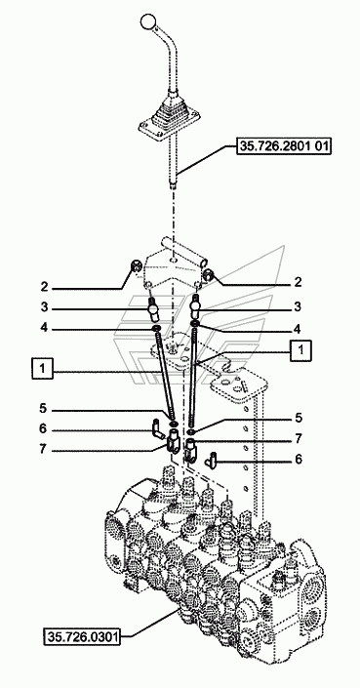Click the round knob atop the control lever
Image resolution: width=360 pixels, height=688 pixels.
pyautogui.click(x=147, y=20)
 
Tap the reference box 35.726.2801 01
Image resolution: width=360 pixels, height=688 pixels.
pyautogui.click(x=283, y=146)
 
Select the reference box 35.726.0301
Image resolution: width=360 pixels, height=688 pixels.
pyautogui.click(x=82, y=635)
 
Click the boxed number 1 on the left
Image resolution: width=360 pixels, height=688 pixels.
pyautogui.click(x=43, y=368)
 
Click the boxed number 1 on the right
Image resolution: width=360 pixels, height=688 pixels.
pyautogui.click(x=300, y=351)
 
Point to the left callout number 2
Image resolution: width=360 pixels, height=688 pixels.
pyautogui.click(x=44, y=287)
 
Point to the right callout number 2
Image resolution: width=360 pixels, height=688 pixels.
pyautogui.click(x=298, y=282)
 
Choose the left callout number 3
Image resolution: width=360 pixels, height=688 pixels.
pyautogui.click(x=44, y=307)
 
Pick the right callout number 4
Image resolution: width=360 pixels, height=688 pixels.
pyautogui.click(x=298, y=328)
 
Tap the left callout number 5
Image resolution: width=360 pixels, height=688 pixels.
pyautogui.click(x=43, y=409)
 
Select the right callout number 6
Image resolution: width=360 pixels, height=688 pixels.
pyautogui.click(x=298, y=459)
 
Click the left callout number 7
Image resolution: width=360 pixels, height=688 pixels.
pyautogui.click(x=43, y=450)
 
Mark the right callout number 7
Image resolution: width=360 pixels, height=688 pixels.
pyautogui.click(x=298, y=438)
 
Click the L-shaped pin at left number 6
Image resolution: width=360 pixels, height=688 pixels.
pyautogui.click(x=156, y=425)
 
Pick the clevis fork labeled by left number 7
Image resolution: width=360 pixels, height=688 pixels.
pyautogui.click(x=173, y=441)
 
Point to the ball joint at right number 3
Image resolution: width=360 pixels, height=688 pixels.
pyautogui.click(x=195, y=309)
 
